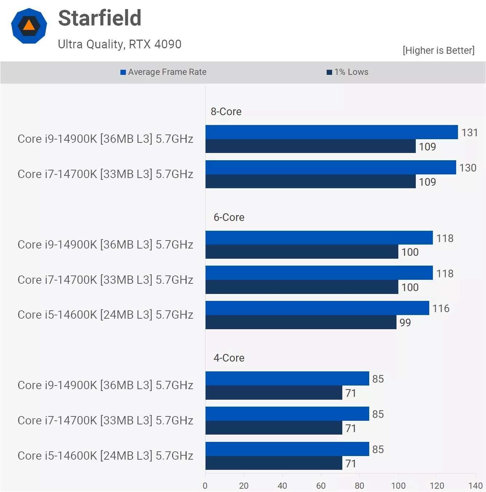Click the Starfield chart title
click(x=100, y=18)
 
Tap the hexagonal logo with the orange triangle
click(x=29, y=26)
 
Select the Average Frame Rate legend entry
click(x=164, y=72)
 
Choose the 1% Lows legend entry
click(x=348, y=72)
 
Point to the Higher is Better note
click(x=438, y=50)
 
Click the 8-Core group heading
click(x=226, y=112)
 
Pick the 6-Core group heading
click(x=229, y=217)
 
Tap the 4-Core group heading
click(x=229, y=358)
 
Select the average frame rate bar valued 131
click(x=331, y=132)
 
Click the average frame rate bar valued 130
click(x=330, y=168)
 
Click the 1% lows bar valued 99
click(x=301, y=322)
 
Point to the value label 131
click(x=469, y=133)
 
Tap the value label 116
click(x=441, y=308)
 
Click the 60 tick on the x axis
click(x=321, y=486)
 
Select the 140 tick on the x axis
click(x=475, y=486)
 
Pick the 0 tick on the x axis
click(x=205, y=486)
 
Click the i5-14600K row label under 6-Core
click(x=105, y=315)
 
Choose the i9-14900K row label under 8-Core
click(x=105, y=139)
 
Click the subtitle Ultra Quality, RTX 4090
click(x=120, y=44)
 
